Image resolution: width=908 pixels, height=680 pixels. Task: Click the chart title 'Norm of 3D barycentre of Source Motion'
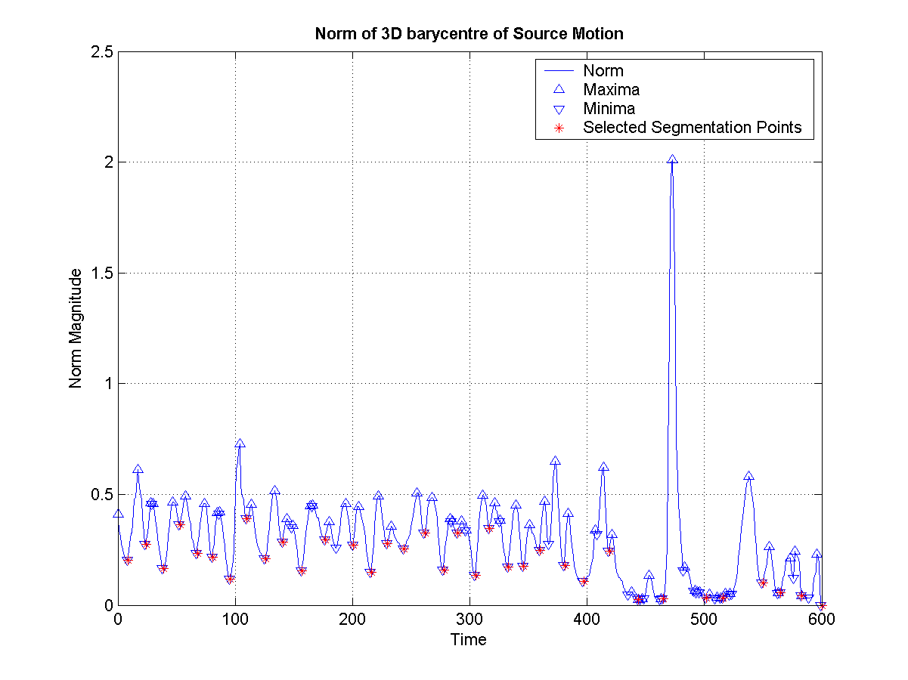point(469,34)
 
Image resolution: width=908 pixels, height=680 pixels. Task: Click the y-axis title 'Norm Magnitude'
point(76,329)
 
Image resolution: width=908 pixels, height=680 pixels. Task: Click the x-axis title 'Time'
point(469,640)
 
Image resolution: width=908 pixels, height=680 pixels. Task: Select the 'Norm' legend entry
point(603,71)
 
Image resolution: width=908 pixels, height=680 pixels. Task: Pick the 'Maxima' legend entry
point(611,90)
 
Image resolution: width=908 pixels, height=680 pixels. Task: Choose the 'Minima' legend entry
point(609,109)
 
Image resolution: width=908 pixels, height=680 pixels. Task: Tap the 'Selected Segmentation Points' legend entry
point(692,128)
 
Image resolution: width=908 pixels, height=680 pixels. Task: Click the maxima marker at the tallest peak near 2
point(672,159)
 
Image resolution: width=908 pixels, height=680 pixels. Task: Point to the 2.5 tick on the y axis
point(99,52)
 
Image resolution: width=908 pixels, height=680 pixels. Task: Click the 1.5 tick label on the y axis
point(99,273)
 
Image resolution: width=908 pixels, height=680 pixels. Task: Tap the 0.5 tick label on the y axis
point(99,494)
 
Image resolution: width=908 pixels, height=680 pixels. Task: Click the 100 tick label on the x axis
point(235,620)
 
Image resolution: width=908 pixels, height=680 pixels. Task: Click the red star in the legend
point(559,128)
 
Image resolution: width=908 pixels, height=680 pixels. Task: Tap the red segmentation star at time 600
point(821,604)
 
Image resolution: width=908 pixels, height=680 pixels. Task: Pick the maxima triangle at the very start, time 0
point(118,513)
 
